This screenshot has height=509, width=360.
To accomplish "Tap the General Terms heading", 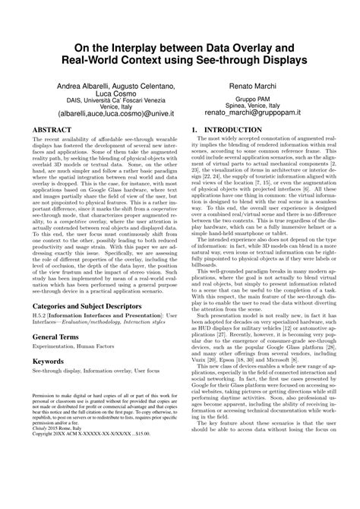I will pyautogui.click(x=62, y=334).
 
